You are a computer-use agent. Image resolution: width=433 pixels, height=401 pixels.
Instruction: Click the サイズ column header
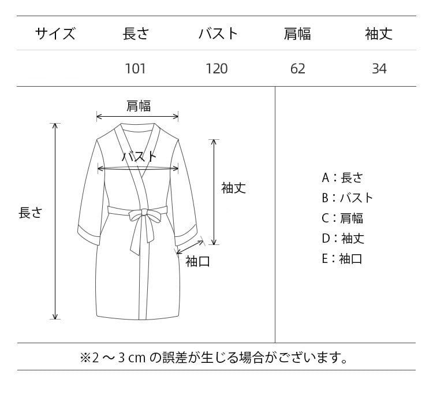click(55, 34)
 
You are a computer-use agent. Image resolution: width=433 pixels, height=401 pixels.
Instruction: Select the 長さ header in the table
click(136, 34)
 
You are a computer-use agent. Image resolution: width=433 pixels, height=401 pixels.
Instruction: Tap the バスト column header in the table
click(218, 34)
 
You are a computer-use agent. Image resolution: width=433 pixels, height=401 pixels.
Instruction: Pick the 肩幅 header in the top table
click(297, 34)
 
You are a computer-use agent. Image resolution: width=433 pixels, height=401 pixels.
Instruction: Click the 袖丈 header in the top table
click(379, 34)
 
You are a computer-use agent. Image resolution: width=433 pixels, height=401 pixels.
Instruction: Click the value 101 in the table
click(136, 69)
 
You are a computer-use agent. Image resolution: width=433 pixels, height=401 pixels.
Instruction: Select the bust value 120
click(217, 69)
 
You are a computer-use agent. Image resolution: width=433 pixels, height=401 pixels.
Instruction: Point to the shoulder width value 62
click(298, 69)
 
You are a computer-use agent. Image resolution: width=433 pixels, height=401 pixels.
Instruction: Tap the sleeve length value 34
click(379, 69)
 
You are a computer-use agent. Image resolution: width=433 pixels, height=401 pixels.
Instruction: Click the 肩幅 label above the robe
click(139, 105)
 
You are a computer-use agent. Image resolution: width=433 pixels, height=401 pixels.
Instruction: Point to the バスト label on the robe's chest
click(139, 156)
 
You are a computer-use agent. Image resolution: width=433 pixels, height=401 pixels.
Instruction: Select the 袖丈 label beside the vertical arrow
click(234, 188)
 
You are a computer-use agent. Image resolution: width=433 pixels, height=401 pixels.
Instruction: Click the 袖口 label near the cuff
click(197, 261)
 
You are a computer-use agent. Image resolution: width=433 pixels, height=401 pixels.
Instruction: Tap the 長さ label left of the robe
click(31, 212)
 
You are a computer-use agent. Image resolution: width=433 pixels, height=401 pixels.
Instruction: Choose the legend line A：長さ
click(342, 177)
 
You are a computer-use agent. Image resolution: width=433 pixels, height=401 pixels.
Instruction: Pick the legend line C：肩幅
click(342, 218)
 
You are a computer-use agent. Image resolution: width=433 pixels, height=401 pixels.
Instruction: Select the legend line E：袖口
click(342, 258)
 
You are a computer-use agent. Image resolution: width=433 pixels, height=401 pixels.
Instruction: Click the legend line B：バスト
click(348, 198)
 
